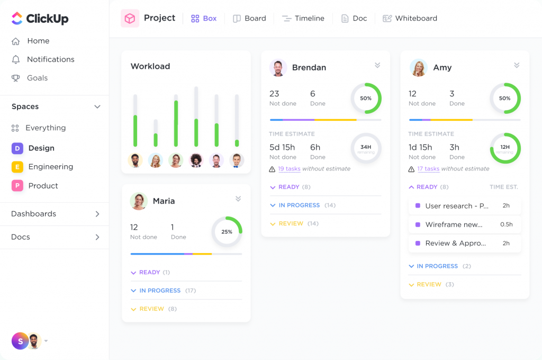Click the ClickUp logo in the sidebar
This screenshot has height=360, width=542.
point(40,19)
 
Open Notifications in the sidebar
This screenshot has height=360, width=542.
point(50,59)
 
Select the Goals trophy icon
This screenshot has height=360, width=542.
point(16,78)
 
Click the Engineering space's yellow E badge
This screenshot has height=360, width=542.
point(17,167)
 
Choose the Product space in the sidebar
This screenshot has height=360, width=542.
point(43,186)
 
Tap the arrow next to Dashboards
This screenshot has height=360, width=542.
point(97,214)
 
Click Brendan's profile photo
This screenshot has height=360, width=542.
point(278,68)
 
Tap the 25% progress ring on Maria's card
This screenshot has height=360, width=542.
point(227,232)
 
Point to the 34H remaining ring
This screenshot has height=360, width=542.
point(366,148)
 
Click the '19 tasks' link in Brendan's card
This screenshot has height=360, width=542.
point(289,169)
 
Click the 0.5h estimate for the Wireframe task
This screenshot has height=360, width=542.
point(506,224)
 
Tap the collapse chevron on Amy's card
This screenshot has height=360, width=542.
point(517,66)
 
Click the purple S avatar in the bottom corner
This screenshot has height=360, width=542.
point(20,341)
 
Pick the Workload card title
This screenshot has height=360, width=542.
point(150,66)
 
